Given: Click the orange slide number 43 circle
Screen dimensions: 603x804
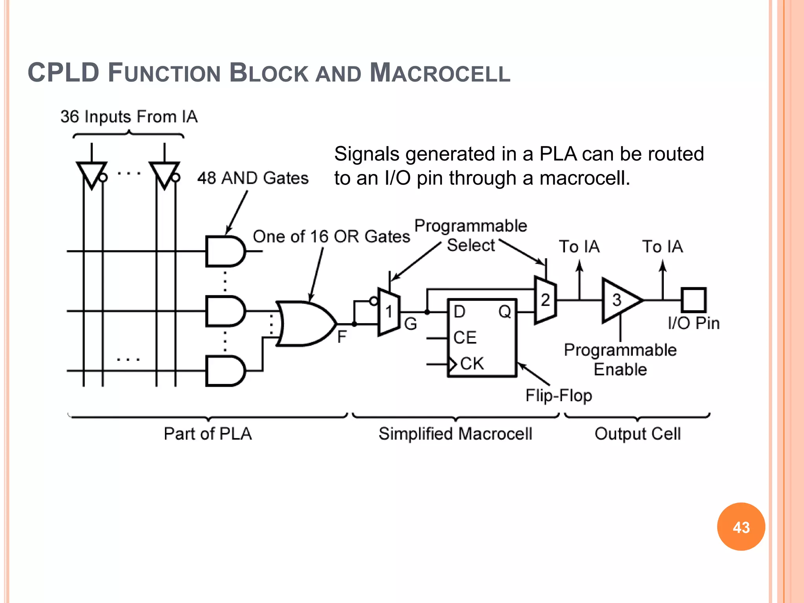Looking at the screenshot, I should click(x=741, y=527).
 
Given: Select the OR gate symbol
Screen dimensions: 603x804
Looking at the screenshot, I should click(x=304, y=323).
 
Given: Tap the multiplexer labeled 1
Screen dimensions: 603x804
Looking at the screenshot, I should click(x=389, y=312).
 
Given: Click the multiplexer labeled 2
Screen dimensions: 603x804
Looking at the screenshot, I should click(x=545, y=300).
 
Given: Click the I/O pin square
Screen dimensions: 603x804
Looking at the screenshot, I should click(x=694, y=300).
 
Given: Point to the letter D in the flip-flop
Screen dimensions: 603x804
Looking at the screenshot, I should click(x=459, y=312).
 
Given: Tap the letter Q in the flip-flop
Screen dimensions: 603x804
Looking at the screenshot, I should click(x=504, y=312).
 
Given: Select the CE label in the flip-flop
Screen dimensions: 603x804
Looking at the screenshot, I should click(x=465, y=338).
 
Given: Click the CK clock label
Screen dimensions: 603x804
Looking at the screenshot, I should click(x=472, y=364).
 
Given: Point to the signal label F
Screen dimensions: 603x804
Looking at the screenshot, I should click(x=342, y=337).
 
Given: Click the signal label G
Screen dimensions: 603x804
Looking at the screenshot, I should click(x=410, y=324).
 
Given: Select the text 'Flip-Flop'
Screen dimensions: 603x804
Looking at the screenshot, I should click(x=559, y=395).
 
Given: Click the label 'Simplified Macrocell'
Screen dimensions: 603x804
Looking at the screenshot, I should click(x=455, y=434).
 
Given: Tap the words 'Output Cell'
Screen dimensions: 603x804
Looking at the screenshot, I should click(x=638, y=434).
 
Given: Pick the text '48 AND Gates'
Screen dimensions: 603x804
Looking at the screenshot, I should click(x=253, y=178).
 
